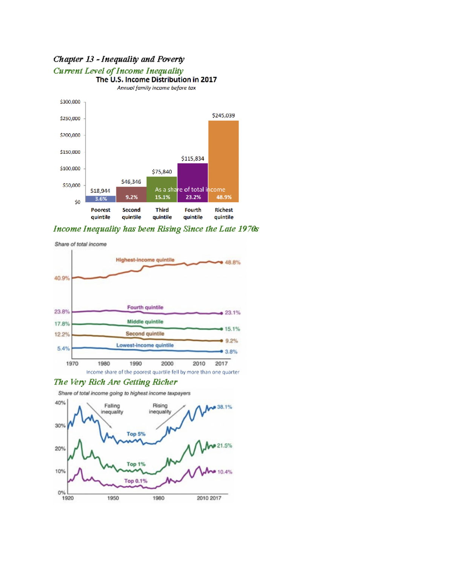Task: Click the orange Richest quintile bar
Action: point(223,161)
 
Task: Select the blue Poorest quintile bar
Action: point(101,199)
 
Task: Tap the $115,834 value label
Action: point(193,159)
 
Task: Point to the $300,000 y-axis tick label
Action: point(70,102)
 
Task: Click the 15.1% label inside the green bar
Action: point(162,197)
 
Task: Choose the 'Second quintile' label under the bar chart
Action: point(131,214)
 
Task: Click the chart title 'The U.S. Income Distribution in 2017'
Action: point(157,80)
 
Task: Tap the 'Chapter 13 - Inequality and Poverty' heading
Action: point(119,59)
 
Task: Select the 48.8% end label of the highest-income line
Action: point(233,262)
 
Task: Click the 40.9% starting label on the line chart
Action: point(62,278)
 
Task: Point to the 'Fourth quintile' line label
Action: point(145,307)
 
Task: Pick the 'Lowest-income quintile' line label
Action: point(145,345)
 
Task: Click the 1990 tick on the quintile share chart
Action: point(136,364)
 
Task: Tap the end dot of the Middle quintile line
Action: point(222,329)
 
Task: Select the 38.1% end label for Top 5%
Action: point(225,407)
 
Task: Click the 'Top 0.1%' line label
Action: point(136,481)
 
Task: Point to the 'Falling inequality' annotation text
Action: point(112,409)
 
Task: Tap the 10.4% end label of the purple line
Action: point(225,472)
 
